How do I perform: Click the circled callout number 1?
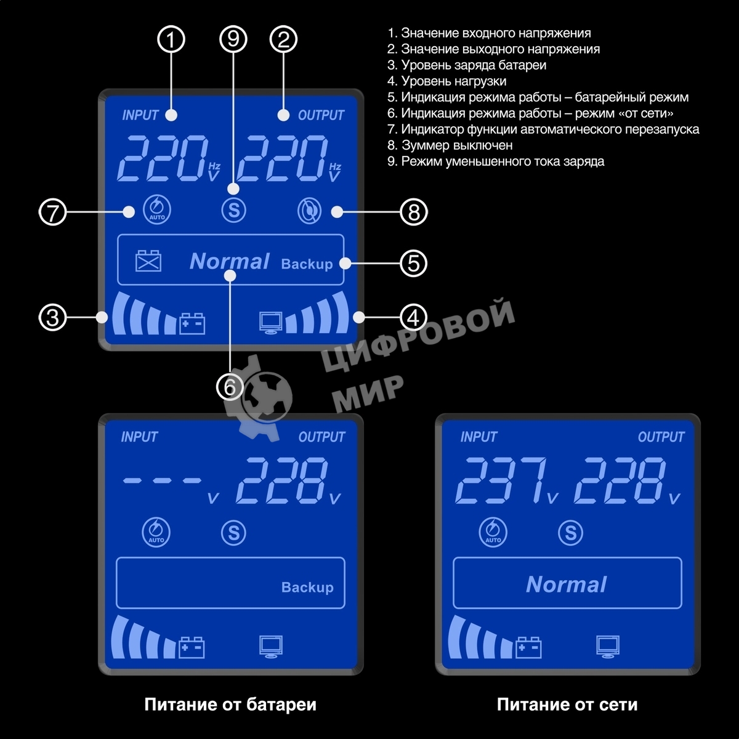(x=172, y=40)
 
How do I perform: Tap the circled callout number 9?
(x=233, y=40)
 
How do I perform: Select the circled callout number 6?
(x=230, y=387)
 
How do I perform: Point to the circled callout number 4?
(x=413, y=318)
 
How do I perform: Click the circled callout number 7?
(x=52, y=212)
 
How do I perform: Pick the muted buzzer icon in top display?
(x=309, y=211)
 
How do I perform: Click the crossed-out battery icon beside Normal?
(x=148, y=260)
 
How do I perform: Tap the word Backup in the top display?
(x=307, y=264)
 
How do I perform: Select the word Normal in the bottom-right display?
(x=567, y=584)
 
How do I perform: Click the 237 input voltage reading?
(x=502, y=481)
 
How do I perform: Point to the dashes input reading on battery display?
(x=162, y=480)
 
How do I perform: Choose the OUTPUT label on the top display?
(x=321, y=115)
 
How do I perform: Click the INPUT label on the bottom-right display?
(x=479, y=437)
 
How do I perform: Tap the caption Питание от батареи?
(x=230, y=705)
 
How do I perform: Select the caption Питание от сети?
(x=567, y=705)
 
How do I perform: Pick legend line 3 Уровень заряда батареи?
(x=467, y=65)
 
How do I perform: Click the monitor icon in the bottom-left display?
(x=271, y=647)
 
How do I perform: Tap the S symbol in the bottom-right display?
(x=570, y=533)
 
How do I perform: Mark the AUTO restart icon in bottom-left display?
(x=156, y=532)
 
